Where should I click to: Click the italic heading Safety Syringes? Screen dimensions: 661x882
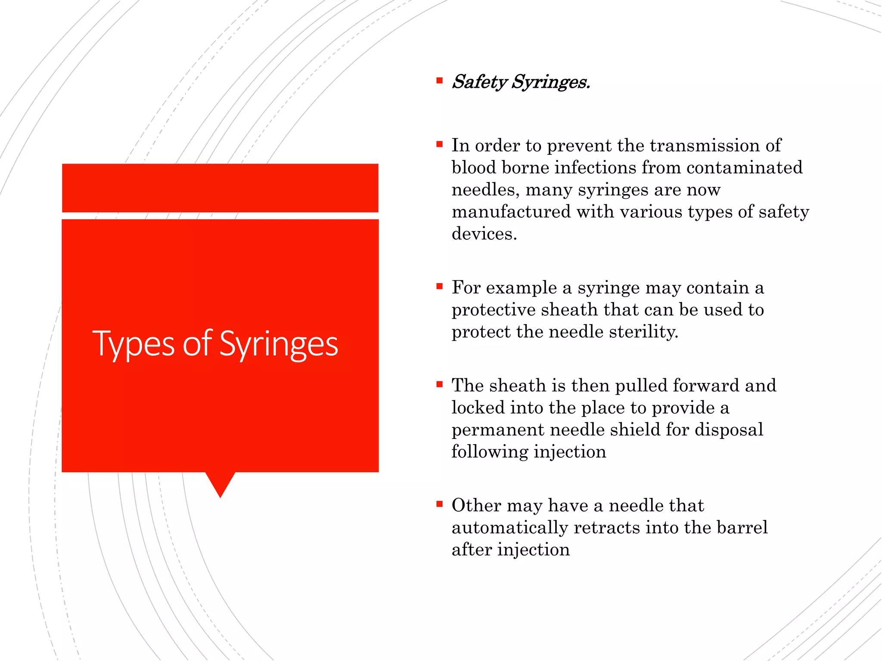tap(520, 82)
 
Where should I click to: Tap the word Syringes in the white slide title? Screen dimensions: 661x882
tap(279, 344)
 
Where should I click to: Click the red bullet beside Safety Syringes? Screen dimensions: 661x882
tap(439, 80)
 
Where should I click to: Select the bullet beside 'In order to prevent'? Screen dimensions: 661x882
tap(439, 144)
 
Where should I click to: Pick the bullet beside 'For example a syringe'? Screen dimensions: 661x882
tap(439, 286)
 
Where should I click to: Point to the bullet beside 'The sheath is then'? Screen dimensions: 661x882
tap(439, 384)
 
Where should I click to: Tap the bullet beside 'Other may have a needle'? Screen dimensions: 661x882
tap(439, 504)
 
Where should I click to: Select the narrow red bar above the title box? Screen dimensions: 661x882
tap(220, 188)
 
